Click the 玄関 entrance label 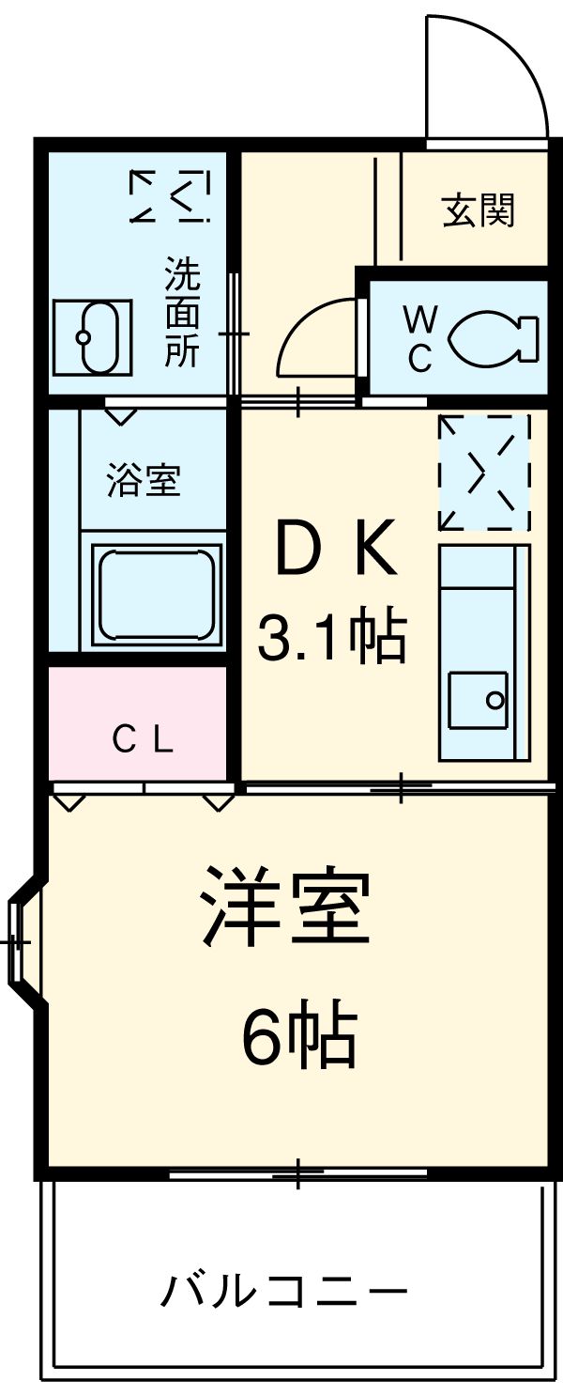coord(479,210)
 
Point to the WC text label coord(419,340)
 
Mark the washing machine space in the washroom coord(169,195)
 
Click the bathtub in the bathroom coord(156,595)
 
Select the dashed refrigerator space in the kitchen coord(484,473)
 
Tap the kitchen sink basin coord(478,701)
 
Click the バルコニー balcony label coord(285,1293)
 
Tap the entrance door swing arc coord(486,75)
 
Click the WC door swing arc coord(314,338)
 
